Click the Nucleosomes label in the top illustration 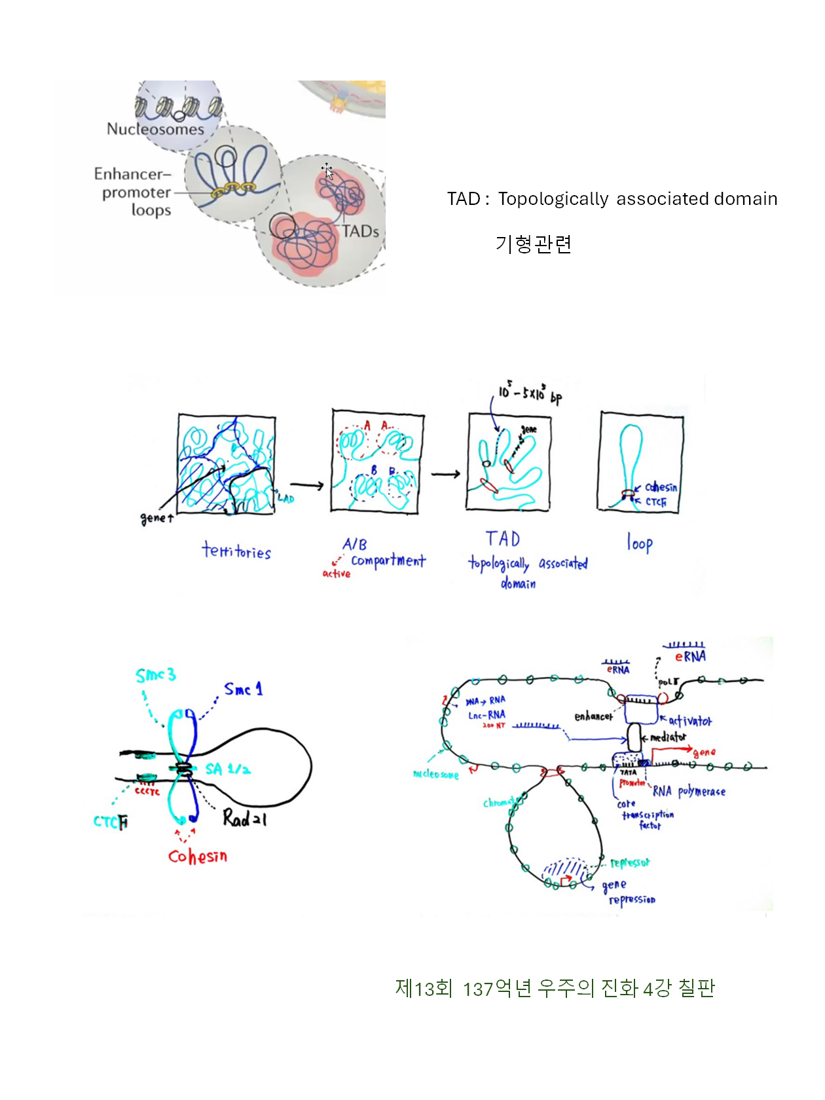[x=155, y=129]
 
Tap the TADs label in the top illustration [x=360, y=231]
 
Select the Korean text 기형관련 [x=534, y=244]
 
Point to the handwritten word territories [x=236, y=551]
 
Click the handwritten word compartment [x=388, y=560]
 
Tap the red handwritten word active [x=337, y=574]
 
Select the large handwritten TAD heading [x=503, y=539]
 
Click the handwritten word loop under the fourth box [x=640, y=543]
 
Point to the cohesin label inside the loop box [x=661, y=487]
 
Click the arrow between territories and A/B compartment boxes [x=307, y=485]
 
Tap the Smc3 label [x=155, y=675]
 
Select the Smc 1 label [x=243, y=689]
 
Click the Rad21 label [x=244, y=818]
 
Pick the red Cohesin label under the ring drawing [x=198, y=856]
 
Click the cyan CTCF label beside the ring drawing [x=111, y=822]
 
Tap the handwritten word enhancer [x=593, y=716]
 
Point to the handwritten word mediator [x=668, y=737]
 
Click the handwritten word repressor [x=630, y=863]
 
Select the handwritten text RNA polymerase [x=689, y=792]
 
